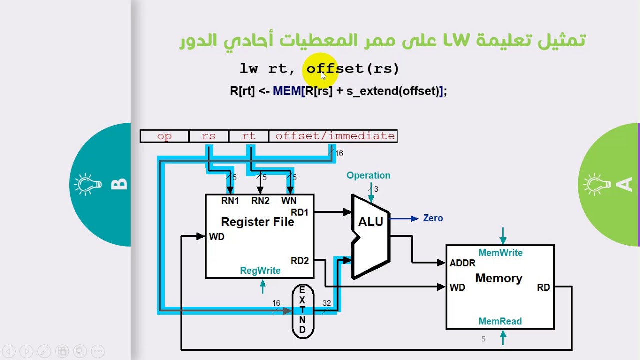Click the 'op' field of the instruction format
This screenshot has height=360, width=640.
164,136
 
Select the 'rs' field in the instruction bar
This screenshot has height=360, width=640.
208,136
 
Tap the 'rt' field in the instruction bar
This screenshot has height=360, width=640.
248,136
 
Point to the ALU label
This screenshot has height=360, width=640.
370,222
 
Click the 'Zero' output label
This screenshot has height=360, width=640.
433,218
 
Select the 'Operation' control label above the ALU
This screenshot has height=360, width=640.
368,175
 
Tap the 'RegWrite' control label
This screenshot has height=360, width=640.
260,271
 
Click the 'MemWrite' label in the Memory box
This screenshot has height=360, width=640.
500,253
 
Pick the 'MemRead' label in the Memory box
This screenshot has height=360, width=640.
500,321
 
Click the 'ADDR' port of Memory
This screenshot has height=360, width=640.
462,263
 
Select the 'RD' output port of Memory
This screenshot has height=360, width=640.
543,288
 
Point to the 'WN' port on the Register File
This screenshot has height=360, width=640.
289,201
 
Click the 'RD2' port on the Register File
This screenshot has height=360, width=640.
300,261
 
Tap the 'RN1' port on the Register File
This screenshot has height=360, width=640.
230,201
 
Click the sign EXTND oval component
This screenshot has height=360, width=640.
302,310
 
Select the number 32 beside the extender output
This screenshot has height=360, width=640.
327,303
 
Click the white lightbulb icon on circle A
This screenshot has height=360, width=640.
597,185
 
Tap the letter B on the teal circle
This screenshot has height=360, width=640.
119,185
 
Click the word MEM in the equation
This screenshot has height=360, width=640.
287,91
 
